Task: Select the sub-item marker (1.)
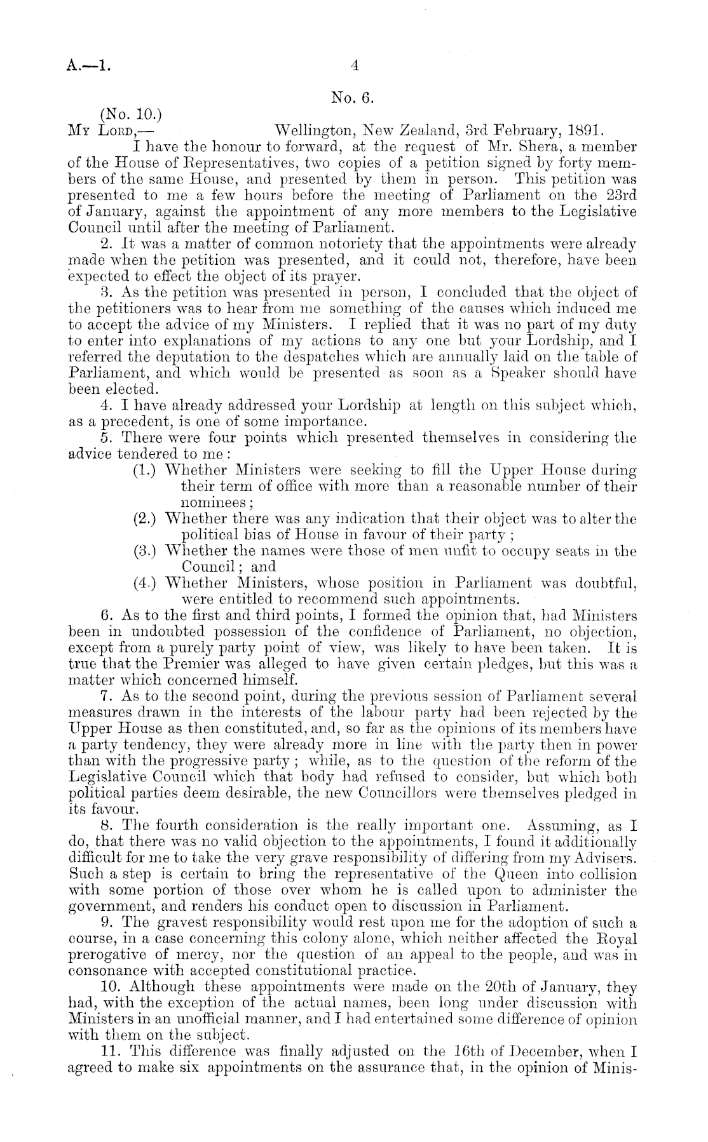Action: (x=146, y=471)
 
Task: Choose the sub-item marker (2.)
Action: (x=146, y=518)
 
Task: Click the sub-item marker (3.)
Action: (x=146, y=551)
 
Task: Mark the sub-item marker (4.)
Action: (x=146, y=582)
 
